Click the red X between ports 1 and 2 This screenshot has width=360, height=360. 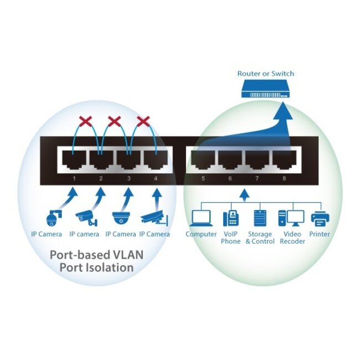[x=86, y=121]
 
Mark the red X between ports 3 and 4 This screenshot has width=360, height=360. [x=143, y=121]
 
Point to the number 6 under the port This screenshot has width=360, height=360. [x=230, y=178]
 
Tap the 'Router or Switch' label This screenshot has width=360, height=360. [x=265, y=74]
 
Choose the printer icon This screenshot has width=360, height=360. [x=320, y=218]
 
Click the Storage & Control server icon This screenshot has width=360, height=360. [x=259, y=218]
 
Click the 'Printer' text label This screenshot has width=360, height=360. [x=320, y=234]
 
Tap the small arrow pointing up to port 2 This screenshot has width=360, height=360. [x=100, y=197]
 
